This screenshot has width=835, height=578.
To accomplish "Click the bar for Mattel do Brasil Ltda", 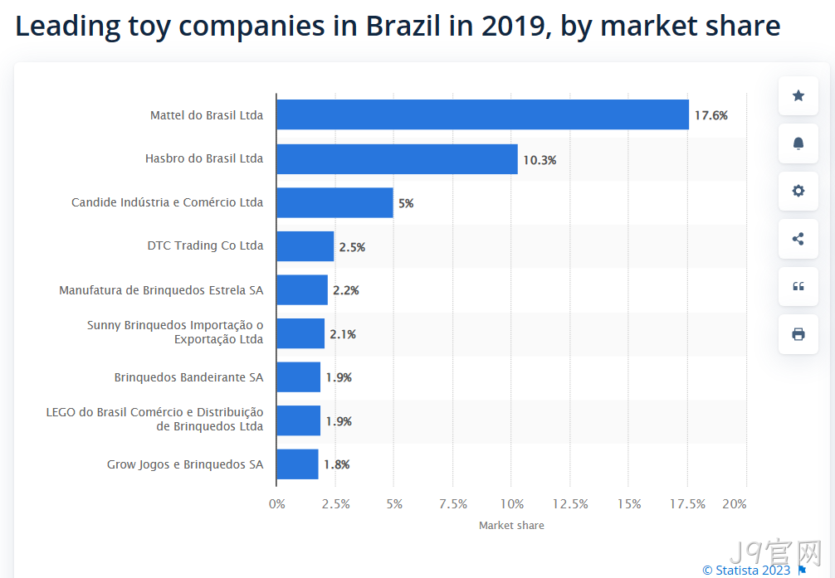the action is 482,114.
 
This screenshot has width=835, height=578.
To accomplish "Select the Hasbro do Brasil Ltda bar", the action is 398,159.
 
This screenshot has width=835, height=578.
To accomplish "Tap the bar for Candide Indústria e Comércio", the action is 335,203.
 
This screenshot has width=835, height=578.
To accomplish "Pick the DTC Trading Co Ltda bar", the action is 305,246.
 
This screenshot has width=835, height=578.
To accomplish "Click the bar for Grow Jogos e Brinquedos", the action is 298,464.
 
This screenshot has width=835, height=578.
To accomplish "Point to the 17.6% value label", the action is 711,115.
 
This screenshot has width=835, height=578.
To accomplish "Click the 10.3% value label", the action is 540,160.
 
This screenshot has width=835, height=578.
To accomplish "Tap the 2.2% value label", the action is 346,290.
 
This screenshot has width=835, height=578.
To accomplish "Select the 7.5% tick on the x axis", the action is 453,504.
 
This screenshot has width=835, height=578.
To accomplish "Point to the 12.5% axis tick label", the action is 570,504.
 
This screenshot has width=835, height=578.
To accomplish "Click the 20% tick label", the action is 735,504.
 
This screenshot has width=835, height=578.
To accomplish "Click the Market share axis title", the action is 511,525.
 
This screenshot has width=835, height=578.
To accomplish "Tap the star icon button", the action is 798,96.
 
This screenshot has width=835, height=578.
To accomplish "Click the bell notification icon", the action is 798,143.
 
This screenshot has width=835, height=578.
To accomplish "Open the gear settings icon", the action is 798,191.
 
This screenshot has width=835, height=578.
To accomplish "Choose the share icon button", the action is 798,239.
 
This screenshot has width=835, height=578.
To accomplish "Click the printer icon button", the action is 798,334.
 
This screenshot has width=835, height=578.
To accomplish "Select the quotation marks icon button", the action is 798,286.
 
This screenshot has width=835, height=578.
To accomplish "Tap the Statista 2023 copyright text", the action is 746,570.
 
